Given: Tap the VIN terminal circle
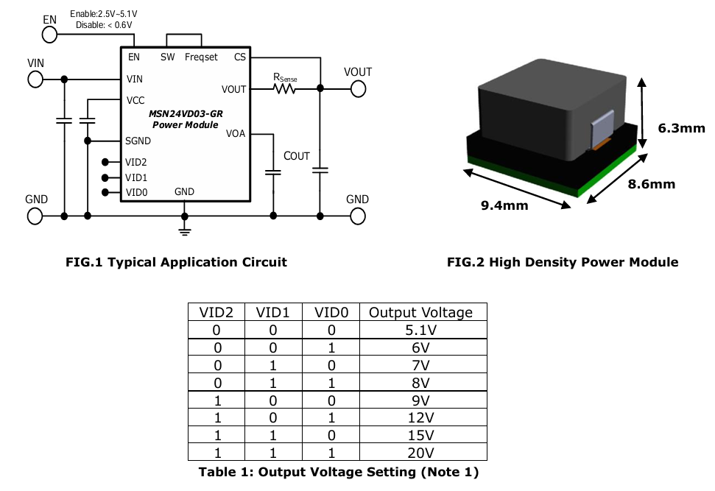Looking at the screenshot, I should tap(35, 79).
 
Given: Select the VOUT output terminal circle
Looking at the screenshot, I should tap(358, 88).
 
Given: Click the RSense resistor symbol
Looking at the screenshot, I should tap(284, 88).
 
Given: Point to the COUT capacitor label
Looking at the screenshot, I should tap(297, 156).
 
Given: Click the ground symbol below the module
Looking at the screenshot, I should tap(185, 231).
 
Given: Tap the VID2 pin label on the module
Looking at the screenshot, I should tap(135, 162).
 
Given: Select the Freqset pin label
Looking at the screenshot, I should tap(201, 57).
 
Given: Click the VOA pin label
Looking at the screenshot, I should tap(236, 134).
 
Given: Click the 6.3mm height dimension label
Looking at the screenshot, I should tap(681, 128).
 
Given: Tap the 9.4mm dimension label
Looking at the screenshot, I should tap(504, 205).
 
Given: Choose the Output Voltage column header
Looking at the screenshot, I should tap(420, 312).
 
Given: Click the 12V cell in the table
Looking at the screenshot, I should tap(420, 418).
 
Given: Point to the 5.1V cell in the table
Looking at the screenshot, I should tap(420, 331).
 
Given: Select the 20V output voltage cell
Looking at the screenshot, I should tap(420, 453).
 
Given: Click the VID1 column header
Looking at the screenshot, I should tap(275, 312).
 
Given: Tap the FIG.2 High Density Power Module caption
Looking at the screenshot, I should tap(563, 262).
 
